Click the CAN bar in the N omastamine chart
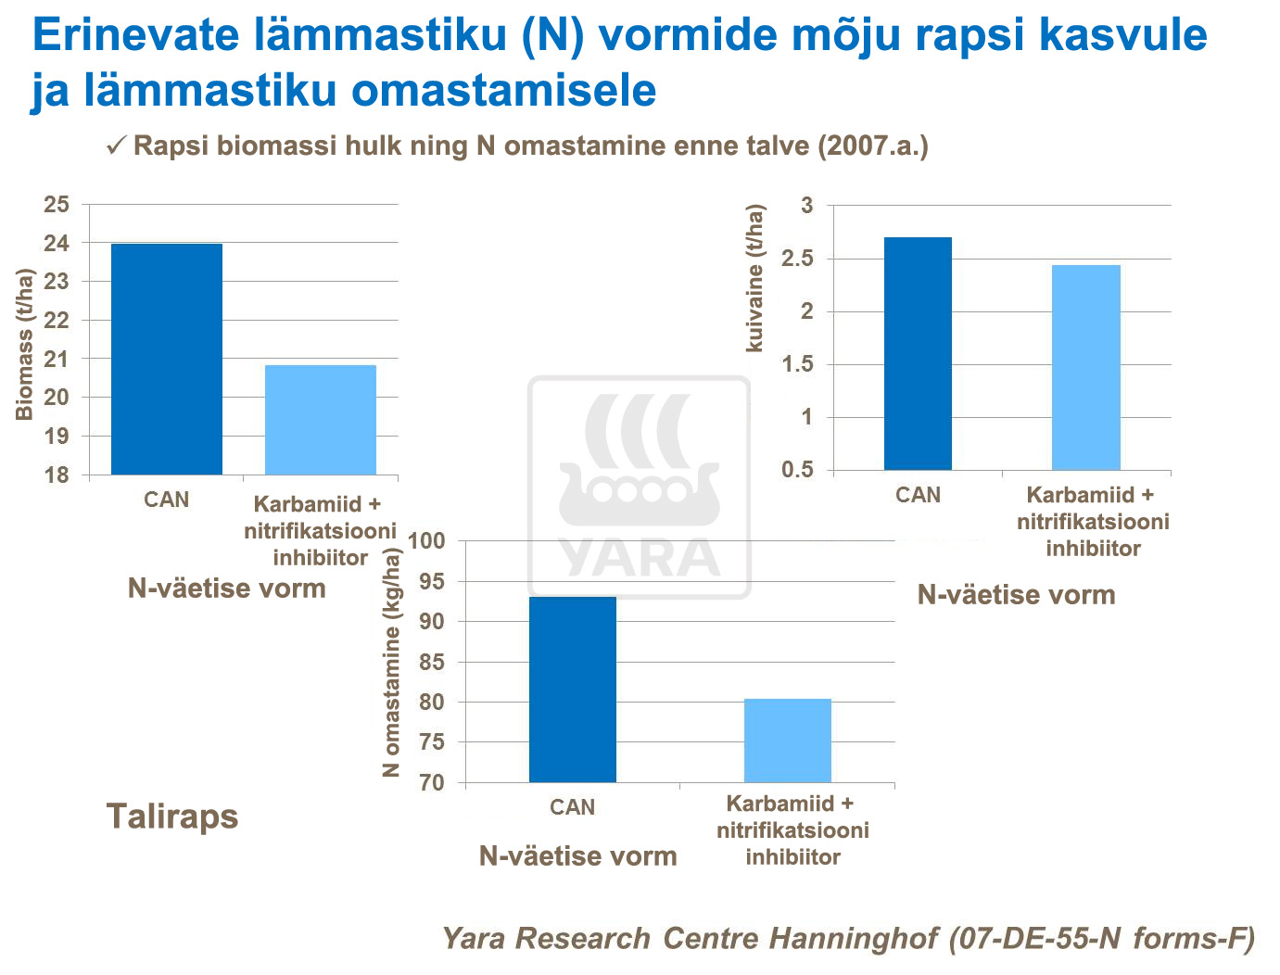coord(572,690)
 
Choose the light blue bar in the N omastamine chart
coord(788,741)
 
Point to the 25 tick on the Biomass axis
coord(57,204)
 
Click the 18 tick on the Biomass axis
coord(57,475)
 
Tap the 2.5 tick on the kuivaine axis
coord(797,259)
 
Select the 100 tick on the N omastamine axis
coord(427,541)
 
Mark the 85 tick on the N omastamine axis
coord(432,663)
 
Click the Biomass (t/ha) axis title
coord(25,345)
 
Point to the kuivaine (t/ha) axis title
coord(755,278)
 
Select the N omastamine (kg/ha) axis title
coord(392,662)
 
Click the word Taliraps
coord(172,817)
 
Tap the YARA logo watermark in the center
coord(639,487)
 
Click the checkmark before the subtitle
coord(116,146)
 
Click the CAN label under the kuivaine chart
coord(918,495)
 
